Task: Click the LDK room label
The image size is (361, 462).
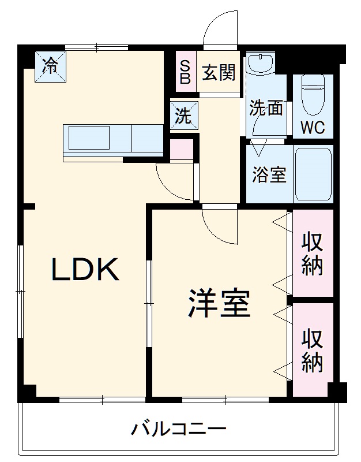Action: (86, 269)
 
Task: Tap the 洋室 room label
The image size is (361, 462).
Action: (218, 304)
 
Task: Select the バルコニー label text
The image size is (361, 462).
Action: (178, 429)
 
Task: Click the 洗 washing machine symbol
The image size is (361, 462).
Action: (184, 115)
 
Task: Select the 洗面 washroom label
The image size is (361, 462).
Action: (266, 107)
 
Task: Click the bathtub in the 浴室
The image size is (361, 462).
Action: (313, 174)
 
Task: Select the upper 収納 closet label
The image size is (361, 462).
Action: (312, 254)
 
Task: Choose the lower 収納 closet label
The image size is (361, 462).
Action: (312, 350)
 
